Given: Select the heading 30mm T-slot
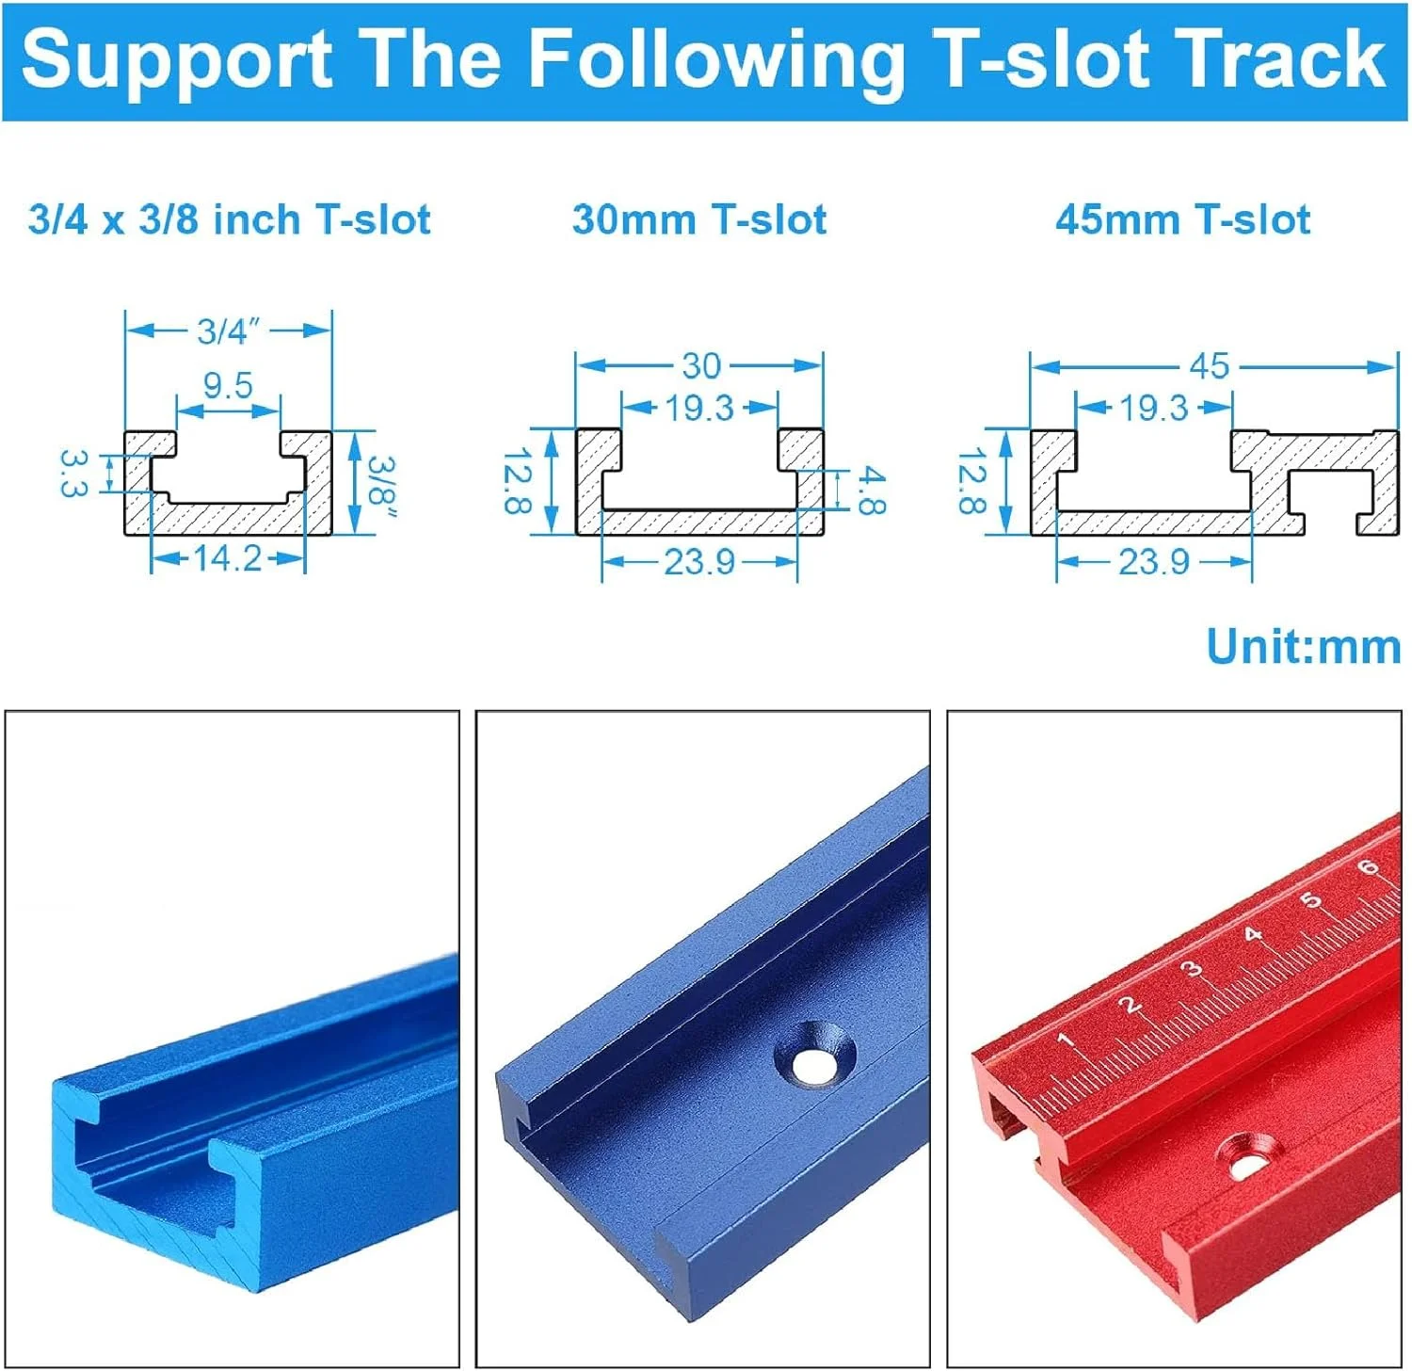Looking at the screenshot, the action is point(699,219).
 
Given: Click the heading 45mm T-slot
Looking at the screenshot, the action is point(1182,219).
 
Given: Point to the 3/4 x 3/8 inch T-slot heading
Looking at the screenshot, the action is point(230,219).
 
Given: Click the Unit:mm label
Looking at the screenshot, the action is point(1303,647).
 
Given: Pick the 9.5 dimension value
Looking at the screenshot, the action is point(228,385).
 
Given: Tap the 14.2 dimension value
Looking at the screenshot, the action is point(228,558).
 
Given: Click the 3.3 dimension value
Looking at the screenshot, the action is point(72,472).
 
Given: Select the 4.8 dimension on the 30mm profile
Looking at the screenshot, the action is point(871,492).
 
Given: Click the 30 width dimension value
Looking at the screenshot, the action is point(700,365).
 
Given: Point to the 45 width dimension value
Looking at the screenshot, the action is point(1209,365).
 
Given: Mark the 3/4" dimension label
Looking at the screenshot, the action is point(229,331).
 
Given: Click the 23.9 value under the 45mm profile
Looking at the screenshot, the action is point(1154,562).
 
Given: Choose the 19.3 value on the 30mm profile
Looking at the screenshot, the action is point(699,408).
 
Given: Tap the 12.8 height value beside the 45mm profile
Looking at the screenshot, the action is point(971,481).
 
